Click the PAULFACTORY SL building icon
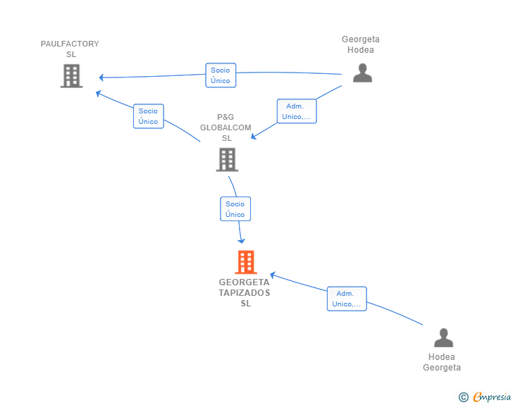click(x=72, y=76)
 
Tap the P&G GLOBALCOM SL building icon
click(x=227, y=160)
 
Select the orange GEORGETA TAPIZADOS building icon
click(x=246, y=262)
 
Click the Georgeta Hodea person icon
click(x=362, y=73)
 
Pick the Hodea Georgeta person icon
click(x=444, y=337)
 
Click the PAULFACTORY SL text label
click(x=70, y=49)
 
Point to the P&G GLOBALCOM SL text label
click(x=225, y=127)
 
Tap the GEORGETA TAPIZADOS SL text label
click(x=245, y=292)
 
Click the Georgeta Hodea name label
click(x=361, y=44)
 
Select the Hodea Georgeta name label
click(x=442, y=362)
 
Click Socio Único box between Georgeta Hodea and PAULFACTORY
click(x=221, y=75)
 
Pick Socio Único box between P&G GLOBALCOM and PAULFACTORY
click(x=149, y=116)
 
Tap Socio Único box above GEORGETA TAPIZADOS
click(x=235, y=208)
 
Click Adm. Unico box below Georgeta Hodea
click(x=297, y=111)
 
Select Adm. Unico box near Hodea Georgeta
click(x=347, y=299)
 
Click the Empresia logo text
click(x=492, y=397)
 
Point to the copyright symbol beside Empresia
click(x=464, y=397)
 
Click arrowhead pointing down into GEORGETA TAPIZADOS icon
click(x=242, y=241)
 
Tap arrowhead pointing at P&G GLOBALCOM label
click(x=254, y=137)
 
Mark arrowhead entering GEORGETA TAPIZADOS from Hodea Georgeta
click(x=273, y=275)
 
